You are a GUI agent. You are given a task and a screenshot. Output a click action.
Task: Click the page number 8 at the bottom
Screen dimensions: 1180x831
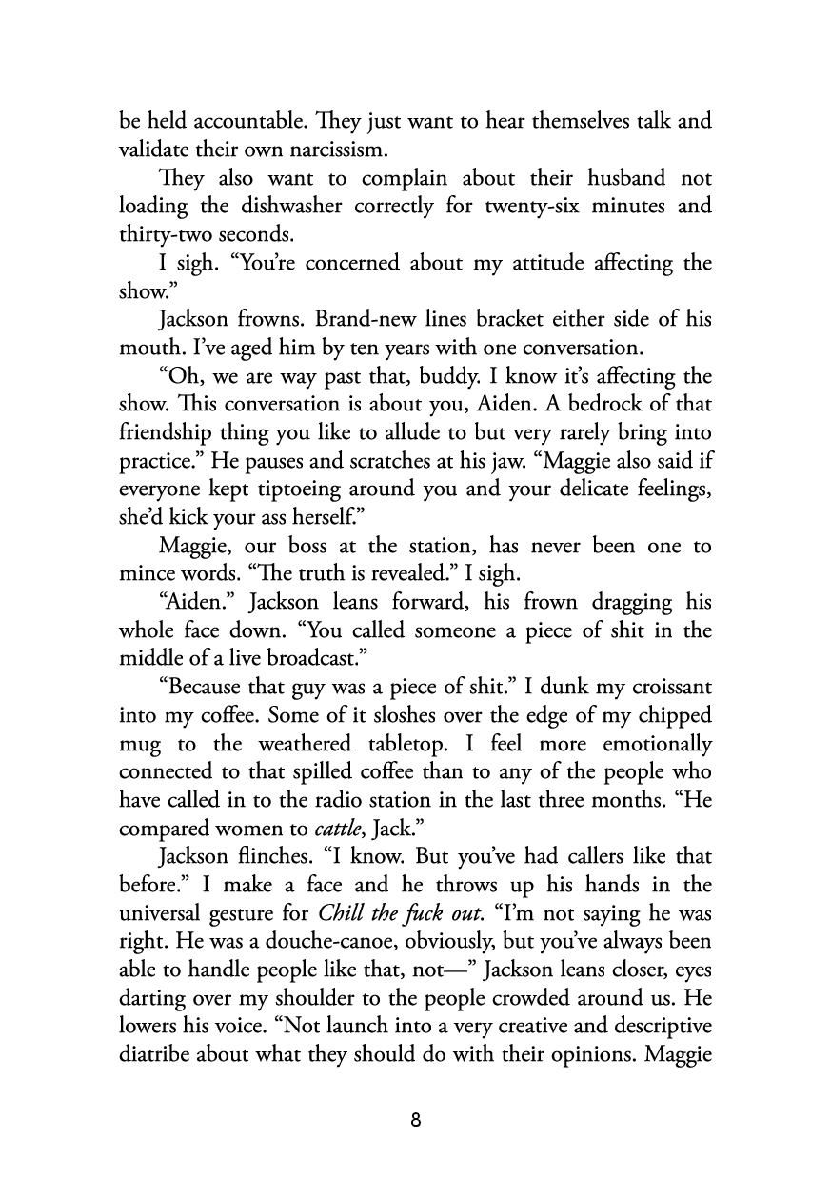click(415, 1120)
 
